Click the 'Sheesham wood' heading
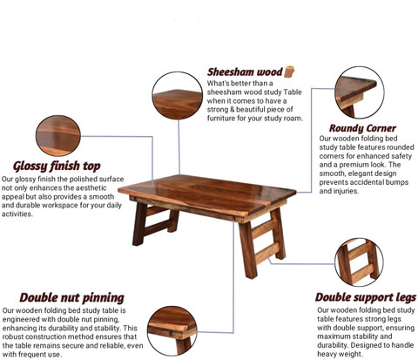click(x=245, y=71)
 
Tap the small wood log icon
click(x=289, y=71)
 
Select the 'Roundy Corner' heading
click(x=362, y=128)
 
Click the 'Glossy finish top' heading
click(x=57, y=166)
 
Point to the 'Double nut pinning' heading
click(x=71, y=298)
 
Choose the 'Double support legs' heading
click(x=366, y=297)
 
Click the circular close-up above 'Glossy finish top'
click(x=58, y=136)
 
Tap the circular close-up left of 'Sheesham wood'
click(x=178, y=96)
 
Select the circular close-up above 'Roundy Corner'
click(x=360, y=92)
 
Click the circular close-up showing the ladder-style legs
click(x=359, y=262)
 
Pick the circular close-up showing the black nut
click(x=172, y=331)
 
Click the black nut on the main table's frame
click(x=233, y=219)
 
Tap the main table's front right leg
click(x=248, y=250)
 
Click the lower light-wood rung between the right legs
click(x=266, y=253)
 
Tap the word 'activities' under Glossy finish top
click(x=17, y=214)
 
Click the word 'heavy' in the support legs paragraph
click(x=327, y=354)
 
